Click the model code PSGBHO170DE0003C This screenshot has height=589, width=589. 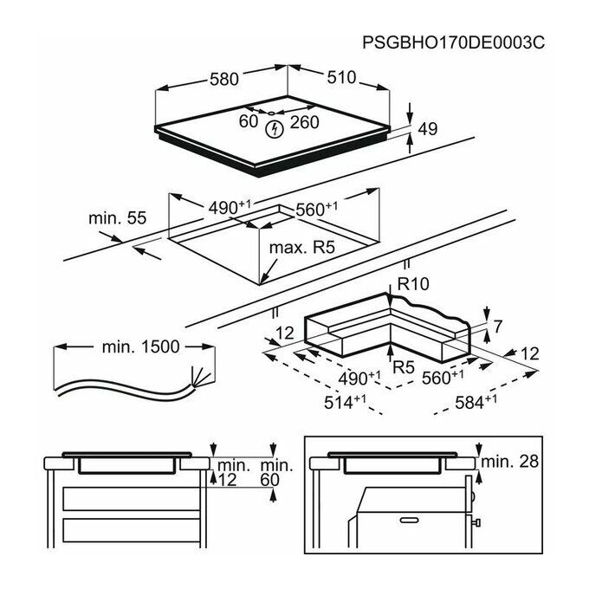453,42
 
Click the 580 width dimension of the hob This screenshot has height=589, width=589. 223,80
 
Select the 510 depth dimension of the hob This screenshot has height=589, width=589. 341,77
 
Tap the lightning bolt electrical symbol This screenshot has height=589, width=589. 275,129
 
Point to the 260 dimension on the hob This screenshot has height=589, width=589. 305,122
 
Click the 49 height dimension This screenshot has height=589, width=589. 428,129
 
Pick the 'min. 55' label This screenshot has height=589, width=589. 117,218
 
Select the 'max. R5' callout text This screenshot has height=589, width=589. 302,248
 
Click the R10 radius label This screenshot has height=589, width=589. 413,284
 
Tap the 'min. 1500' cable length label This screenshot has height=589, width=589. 141,346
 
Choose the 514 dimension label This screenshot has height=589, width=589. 345,402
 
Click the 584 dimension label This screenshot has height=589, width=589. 476,402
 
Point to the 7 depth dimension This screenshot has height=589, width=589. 498,327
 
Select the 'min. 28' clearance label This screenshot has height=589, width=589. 509,462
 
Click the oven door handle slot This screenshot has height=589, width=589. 409,521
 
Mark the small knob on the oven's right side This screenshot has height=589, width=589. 477,521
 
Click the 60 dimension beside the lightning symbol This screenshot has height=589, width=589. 249,121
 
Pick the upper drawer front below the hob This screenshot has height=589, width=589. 131,498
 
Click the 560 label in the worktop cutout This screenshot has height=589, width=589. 317,209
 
